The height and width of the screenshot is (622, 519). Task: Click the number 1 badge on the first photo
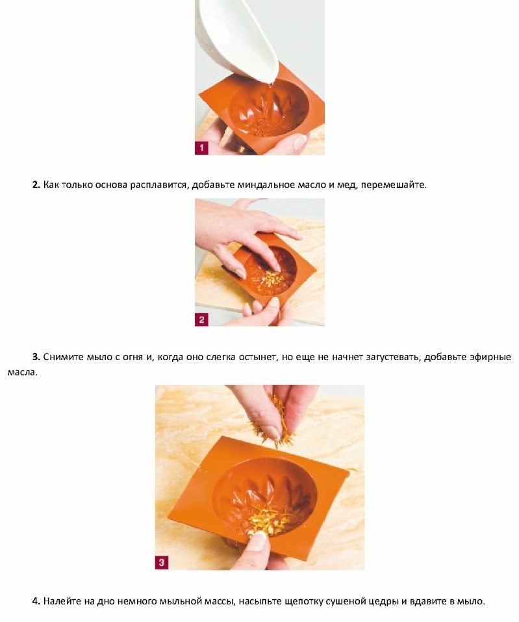point(201,148)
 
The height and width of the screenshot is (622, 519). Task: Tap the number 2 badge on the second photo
point(201,320)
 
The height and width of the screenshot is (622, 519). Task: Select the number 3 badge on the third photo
point(161,562)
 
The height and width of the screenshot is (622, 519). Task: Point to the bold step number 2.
point(36,185)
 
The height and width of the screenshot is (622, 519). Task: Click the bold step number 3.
point(36,357)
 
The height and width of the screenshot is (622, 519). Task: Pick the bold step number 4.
point(36,601)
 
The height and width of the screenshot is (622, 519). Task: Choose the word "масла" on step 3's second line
point(22,372)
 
